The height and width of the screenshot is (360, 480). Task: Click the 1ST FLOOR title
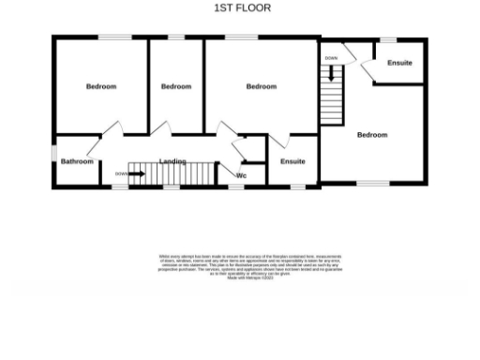point(242,7)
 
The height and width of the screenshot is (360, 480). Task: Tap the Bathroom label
point(77,161)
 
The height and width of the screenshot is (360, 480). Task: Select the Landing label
point(172,161)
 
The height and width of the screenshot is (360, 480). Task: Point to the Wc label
point(241,175)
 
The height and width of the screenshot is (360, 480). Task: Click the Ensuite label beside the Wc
point(292,161)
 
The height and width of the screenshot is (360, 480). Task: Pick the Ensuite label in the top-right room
point(399,63)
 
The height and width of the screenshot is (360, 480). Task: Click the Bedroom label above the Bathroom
point(101,86)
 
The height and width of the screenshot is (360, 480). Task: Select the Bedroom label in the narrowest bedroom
point(176,86)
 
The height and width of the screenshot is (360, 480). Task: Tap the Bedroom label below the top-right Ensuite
point(372,135)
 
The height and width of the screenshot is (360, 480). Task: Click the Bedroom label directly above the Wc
point(262,86)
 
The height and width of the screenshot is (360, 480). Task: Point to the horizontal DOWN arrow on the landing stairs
point(138,173)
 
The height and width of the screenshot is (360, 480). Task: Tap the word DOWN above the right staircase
point(331,58)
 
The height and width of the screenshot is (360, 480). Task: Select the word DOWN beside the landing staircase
point(121,173)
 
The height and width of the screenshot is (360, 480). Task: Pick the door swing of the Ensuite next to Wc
point(277,142)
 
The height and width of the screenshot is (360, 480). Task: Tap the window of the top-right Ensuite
point(387,38)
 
